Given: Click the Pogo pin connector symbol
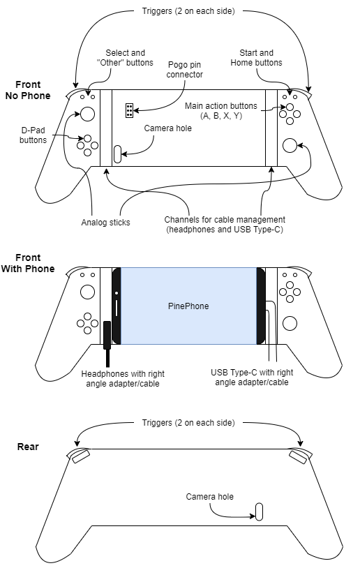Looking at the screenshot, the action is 129,110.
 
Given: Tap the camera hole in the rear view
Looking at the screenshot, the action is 259,511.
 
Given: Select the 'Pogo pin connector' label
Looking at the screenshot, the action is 184,70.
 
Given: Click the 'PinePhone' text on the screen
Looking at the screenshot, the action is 188,306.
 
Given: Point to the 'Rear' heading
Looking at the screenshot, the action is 28,447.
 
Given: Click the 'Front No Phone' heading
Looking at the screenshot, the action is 28,90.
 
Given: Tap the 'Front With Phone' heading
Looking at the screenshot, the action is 28,263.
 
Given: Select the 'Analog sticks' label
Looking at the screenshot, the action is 105,222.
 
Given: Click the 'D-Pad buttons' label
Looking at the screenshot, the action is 33,135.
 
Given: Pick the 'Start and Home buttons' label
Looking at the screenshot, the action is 256,58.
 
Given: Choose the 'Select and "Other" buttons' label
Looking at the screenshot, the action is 125,58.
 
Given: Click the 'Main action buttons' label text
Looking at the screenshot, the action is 221,106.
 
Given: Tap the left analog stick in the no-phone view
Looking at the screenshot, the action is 87,114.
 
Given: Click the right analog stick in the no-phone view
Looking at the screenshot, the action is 290,146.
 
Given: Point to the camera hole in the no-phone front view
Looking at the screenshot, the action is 117,154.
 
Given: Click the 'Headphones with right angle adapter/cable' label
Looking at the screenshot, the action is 123,379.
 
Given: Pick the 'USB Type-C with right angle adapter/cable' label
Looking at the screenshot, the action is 252,378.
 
